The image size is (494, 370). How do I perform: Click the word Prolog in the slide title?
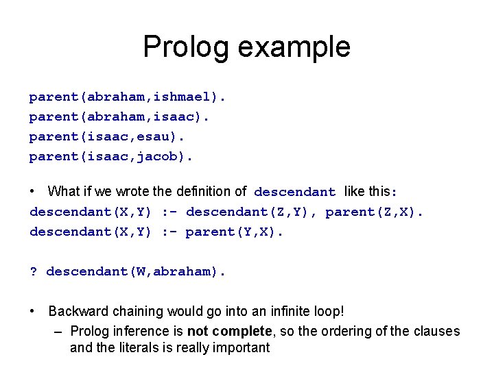pos(187,47)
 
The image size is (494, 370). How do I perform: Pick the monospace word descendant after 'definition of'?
pos(295,193)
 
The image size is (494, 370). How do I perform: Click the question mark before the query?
pos(33,271)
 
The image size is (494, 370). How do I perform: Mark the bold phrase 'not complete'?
pos(229,331)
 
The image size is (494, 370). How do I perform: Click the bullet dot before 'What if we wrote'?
pos(33,192)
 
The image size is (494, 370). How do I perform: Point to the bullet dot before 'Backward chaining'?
pos(33,311)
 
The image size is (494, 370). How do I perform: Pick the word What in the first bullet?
pos(64,192)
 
